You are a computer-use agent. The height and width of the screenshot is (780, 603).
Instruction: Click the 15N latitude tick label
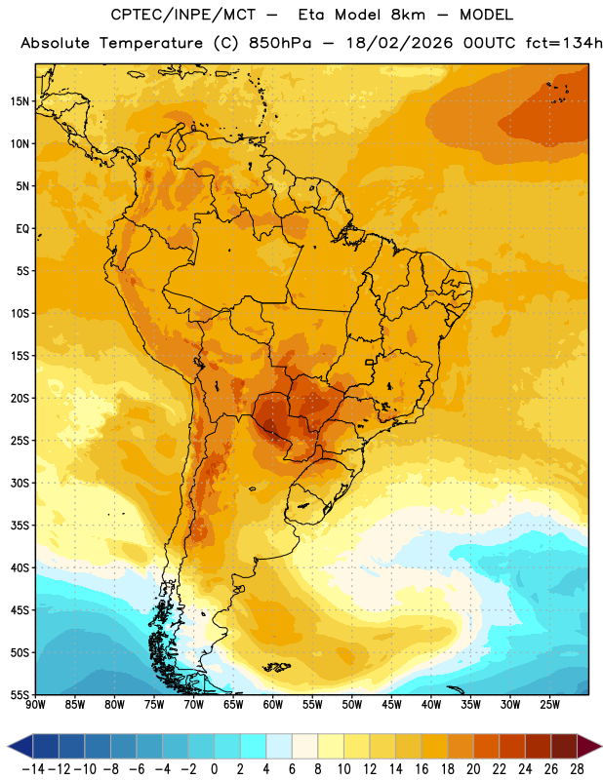coord(20,101)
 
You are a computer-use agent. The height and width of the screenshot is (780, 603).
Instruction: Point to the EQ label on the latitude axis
coord(22,229)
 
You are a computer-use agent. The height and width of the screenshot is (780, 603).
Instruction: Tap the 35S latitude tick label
coord(20,526)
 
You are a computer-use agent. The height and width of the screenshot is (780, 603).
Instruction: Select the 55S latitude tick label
coord(20,694)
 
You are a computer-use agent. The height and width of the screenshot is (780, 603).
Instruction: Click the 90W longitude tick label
coord(35,705)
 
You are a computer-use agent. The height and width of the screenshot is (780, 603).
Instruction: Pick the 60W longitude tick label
coord(273,705)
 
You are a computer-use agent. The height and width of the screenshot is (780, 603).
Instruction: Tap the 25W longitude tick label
coord(549,705)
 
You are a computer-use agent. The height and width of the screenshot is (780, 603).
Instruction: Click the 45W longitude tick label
coord(391,705)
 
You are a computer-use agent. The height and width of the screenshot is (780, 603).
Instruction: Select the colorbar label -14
coord(34,769)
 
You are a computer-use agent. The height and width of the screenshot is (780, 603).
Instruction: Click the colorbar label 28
coord(577,769)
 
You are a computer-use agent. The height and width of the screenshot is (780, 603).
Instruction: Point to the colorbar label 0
coord(215,769)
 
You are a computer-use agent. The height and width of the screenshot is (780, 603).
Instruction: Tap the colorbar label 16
coord(422,769)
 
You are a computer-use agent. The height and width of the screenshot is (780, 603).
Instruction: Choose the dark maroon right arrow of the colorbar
coord(589,746)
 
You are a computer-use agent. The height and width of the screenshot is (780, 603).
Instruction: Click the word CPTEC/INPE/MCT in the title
coord(182,15)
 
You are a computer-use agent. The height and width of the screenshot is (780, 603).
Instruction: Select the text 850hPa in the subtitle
coord(280,43)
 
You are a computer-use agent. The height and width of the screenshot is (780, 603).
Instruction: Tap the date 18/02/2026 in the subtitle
coord(400,43)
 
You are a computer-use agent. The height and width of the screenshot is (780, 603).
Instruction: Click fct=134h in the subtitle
coord(564,43)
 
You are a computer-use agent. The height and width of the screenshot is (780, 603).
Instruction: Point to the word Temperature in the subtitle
coord(151,44)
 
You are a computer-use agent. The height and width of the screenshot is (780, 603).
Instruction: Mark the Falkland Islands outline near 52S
coord(276,667)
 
